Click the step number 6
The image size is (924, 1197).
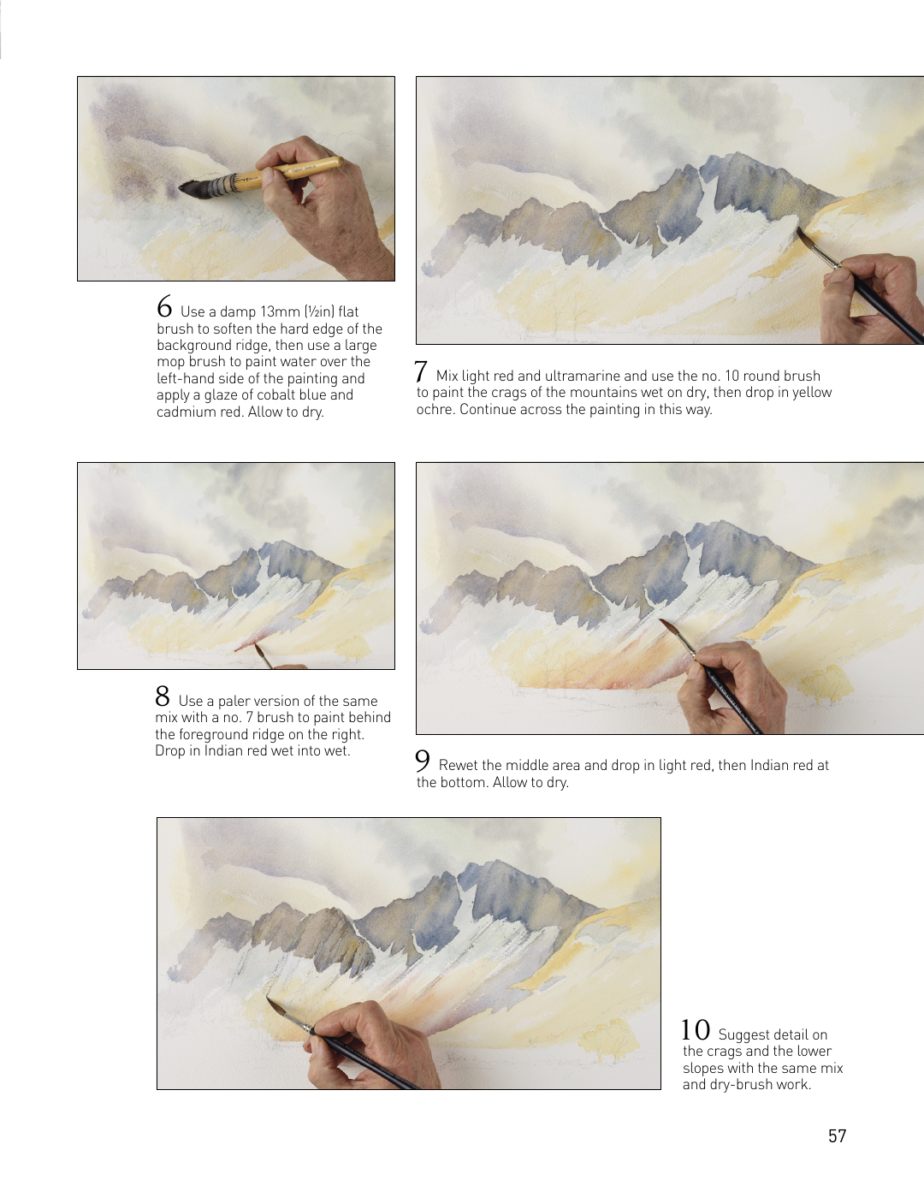pyautogui.click(x=164, y=307)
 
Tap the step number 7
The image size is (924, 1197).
pyautogui.click(x=421, y=371)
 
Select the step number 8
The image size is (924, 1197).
pyautogui.click(x=163, y=696)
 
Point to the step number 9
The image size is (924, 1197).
pyautogui.click(x=422, y=761)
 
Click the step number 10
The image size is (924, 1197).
pyautogui.click(x=696, y=1029)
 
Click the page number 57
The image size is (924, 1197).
pyautogui.click(x=837, y=1136)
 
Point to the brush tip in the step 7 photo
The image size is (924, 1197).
pyautogui.click(x=798, y=230)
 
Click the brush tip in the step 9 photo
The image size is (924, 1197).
pyautogui.click(x=661, y=621)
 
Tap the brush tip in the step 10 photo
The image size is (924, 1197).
pyautogui.click(x=268, y=997)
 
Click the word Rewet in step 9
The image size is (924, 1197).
pyautogui.click(x=456, y=765)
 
